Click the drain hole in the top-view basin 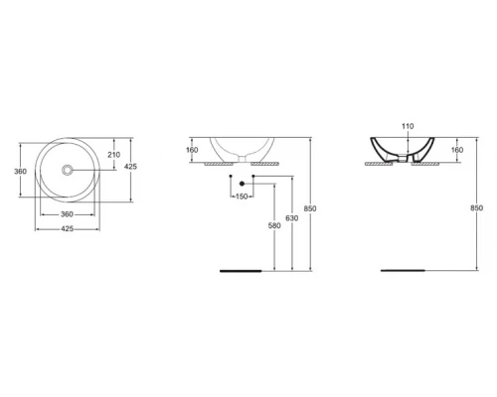(x=68, y=171)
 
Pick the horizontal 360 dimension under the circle (x=68, y=214)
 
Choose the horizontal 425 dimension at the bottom (x=68, y=230)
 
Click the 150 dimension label (x=241, y=197)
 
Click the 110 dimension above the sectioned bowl (x=405, y=128)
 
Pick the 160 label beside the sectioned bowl (x=457, y=151)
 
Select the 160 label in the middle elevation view (x=192, y=151)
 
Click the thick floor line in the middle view (x=243, y=269)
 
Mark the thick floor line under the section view (x=405, y=269)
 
